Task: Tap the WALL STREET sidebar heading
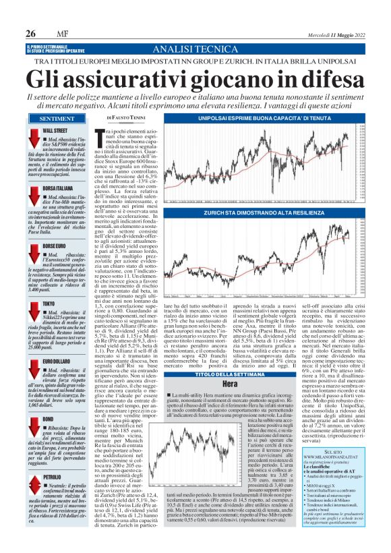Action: click(55, 129)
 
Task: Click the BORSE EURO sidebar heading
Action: click(55, 247)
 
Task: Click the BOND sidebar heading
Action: click(49, 419)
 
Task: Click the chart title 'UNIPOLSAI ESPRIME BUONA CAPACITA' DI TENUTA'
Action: click(260, 118)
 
